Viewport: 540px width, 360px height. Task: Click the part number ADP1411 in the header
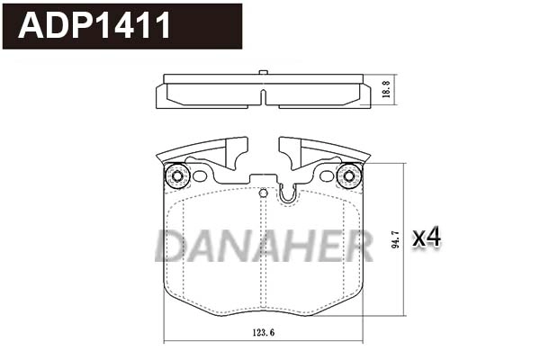94,26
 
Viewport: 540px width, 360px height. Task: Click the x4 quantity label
426,238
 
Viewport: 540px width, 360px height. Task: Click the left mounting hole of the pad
176,175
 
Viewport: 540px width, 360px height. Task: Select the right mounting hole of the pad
346,175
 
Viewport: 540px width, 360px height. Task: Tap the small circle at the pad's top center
263,193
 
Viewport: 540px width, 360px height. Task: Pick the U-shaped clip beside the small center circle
288,192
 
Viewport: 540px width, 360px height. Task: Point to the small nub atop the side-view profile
261,72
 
